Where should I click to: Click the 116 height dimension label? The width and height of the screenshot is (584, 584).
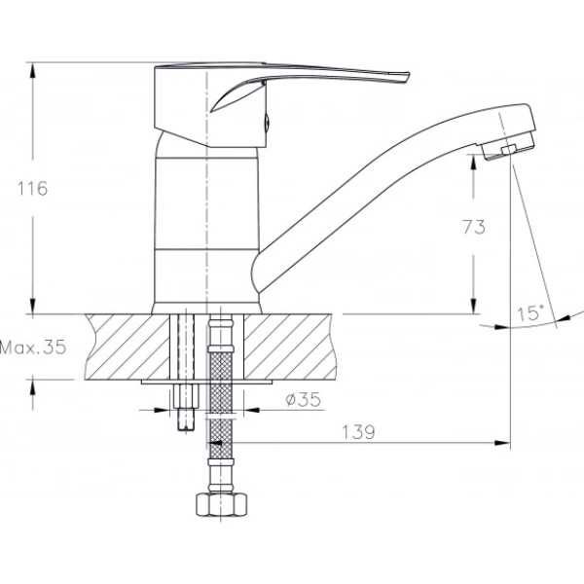32,189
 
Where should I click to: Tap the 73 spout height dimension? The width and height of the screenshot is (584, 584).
474,227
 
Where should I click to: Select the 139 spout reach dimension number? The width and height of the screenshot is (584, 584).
358,432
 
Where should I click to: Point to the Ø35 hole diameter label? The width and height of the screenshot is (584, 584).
303,400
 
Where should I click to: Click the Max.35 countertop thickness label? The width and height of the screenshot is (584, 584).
33,347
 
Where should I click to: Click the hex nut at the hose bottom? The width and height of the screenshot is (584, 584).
221,504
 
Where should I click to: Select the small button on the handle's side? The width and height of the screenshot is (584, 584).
267,122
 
